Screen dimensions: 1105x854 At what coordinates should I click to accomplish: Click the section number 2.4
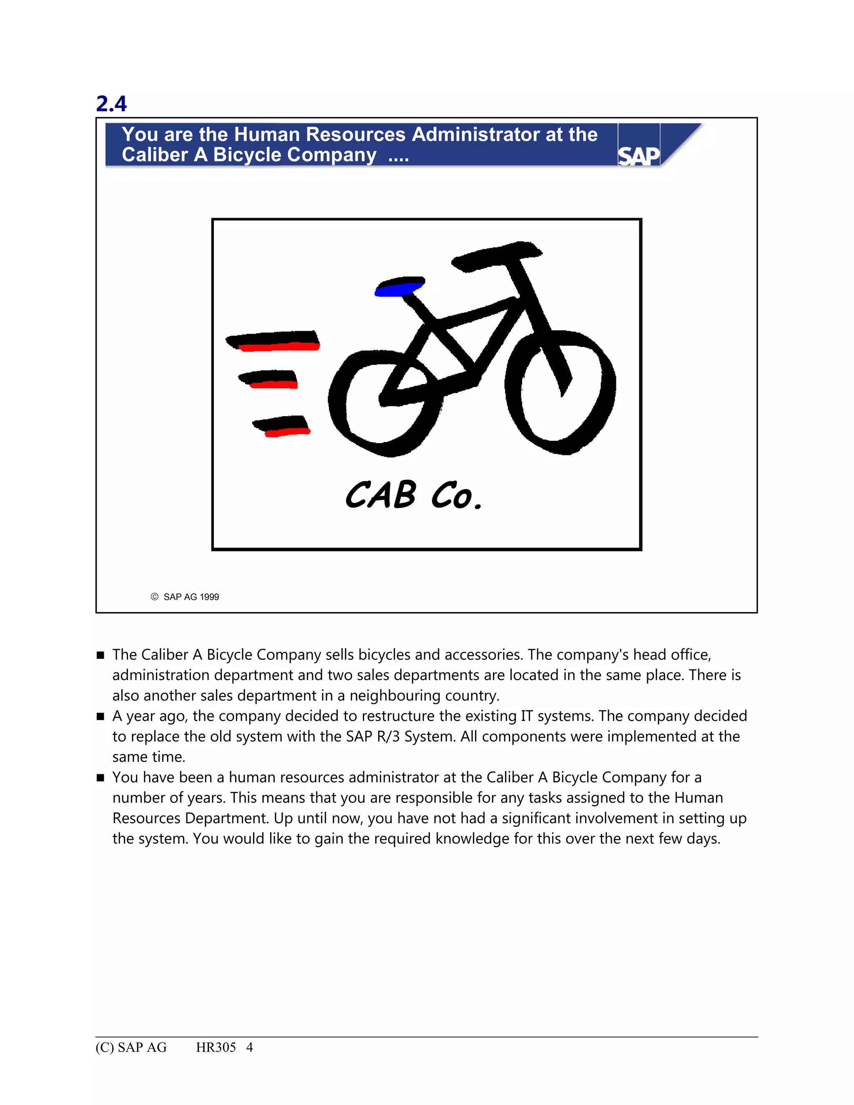pos(111,104)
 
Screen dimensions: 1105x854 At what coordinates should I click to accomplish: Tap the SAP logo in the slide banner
pos(639,156)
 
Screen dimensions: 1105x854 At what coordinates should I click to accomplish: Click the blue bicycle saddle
pos(398,288)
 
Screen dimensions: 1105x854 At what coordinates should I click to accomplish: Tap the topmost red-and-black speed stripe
pos(274,341)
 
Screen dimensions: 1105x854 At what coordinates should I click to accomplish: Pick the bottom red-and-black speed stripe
pos(282,426)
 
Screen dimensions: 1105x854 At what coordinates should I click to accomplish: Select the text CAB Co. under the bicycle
pos(413,495)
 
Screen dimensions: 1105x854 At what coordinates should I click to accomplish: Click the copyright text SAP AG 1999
pos(191,597)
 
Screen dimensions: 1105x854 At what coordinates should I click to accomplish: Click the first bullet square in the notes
pos(100,655)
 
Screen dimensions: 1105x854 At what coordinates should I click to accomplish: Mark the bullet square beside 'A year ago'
pos(100,716)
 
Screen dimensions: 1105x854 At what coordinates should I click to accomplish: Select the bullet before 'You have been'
pos(100,778)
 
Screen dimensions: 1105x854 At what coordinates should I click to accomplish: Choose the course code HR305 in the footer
pos(216,1047)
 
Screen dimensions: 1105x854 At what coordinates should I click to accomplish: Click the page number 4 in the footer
pos(249,1047)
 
